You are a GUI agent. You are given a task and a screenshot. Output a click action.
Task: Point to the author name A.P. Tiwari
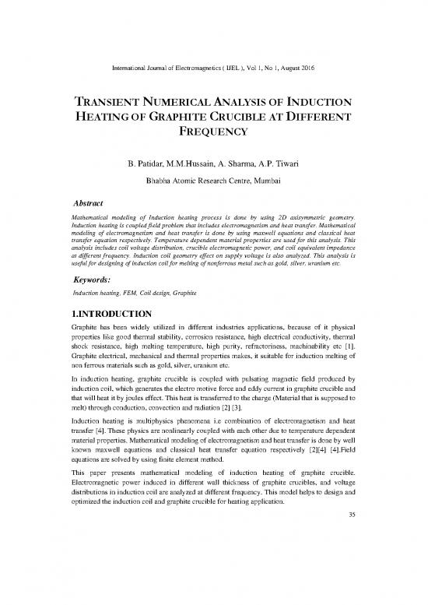(x=280, y=165)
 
